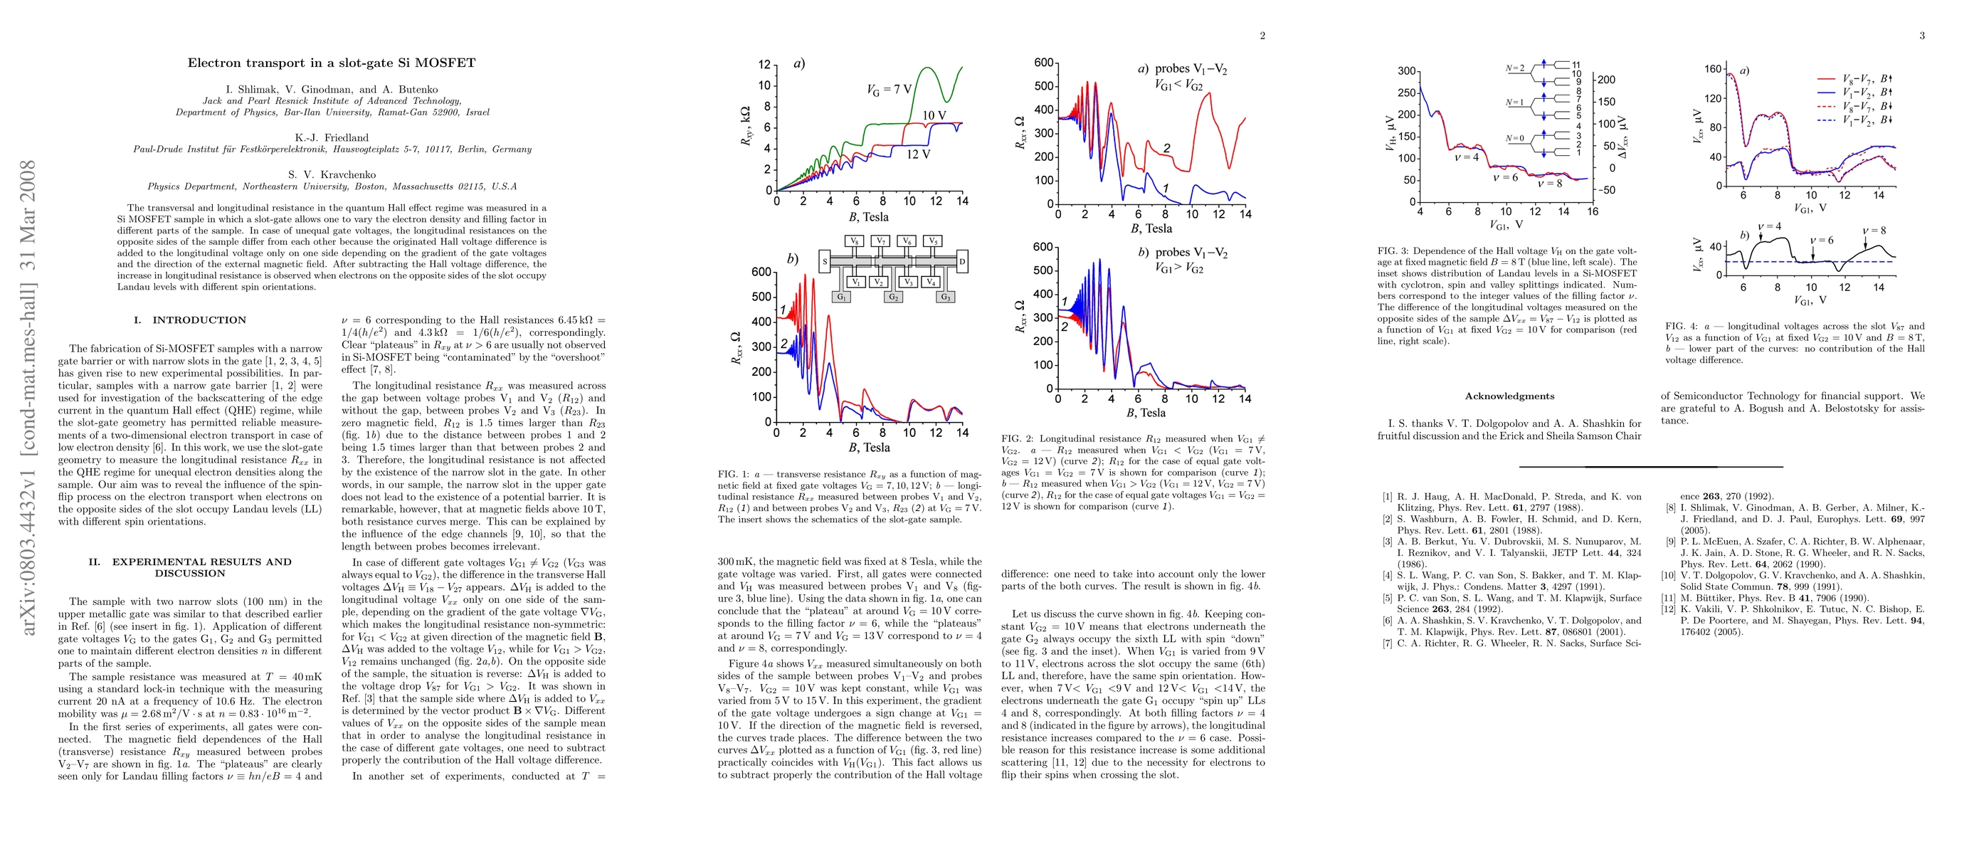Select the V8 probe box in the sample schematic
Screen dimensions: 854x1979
854,241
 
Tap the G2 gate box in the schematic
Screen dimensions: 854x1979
894,297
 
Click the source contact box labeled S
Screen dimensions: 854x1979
824,262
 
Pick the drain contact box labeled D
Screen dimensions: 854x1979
962,262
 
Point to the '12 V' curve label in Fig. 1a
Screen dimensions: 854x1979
918,154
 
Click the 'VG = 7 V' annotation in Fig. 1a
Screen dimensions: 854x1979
889,89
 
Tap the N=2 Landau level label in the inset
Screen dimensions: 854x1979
1514,68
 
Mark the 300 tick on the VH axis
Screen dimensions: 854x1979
1406,71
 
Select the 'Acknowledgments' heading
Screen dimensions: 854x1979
1509,396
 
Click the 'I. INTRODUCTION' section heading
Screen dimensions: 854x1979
190,320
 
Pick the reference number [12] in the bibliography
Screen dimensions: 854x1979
1668,609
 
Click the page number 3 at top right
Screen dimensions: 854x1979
1922,36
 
